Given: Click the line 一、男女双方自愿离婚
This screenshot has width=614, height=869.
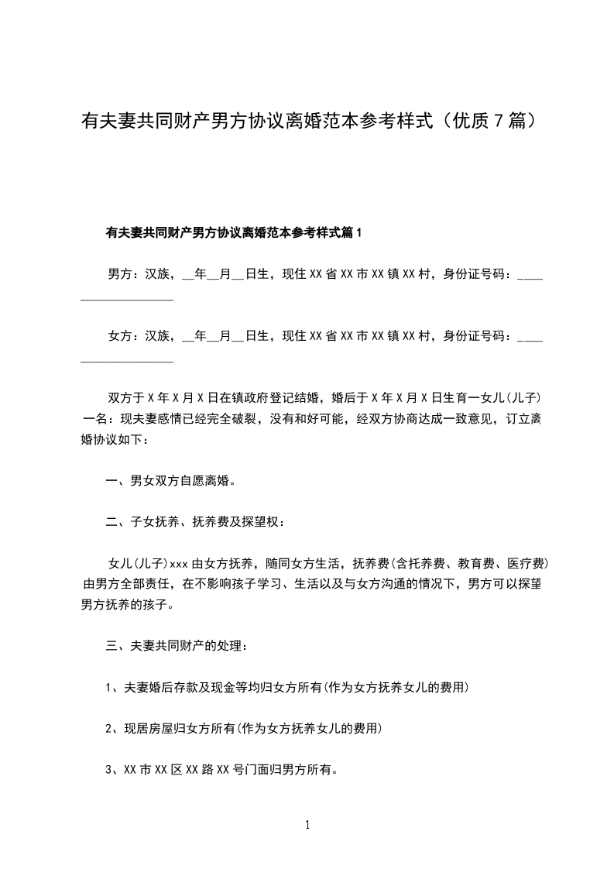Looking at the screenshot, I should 170,480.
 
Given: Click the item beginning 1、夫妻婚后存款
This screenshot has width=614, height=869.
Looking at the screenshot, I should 286,687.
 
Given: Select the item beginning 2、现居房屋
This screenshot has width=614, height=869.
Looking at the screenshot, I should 244,728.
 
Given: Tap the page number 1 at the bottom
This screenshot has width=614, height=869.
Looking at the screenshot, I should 307,826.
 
